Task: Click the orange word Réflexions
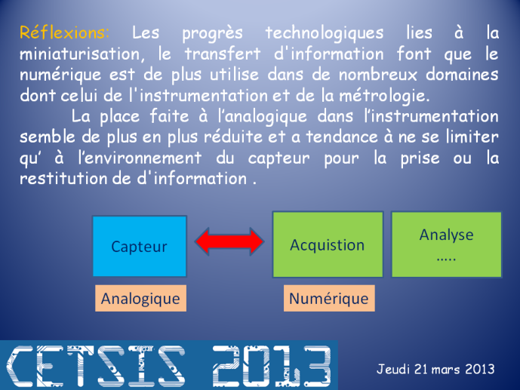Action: tap(64, 32)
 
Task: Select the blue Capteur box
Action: tap(140, 246)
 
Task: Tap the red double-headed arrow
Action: tap(230, 241)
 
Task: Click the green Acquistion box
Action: tap(328, 244)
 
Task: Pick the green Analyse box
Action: tap(446, 244)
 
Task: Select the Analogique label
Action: tap(140, 298)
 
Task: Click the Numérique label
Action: tap(329, 298)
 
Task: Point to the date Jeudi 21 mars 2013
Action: tap(435, 369)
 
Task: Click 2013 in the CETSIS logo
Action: tap(272, 366)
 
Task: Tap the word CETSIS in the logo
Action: tap(96, 366)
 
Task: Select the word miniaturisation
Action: tap(82, 54)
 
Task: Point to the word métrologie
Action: tap(384, 96)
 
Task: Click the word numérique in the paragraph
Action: tap(60, 75)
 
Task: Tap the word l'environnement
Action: tap(140, 158)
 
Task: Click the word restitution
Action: tap(63, 179)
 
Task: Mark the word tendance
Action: tap(342, 137)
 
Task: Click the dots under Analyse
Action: tap(446, 259)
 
